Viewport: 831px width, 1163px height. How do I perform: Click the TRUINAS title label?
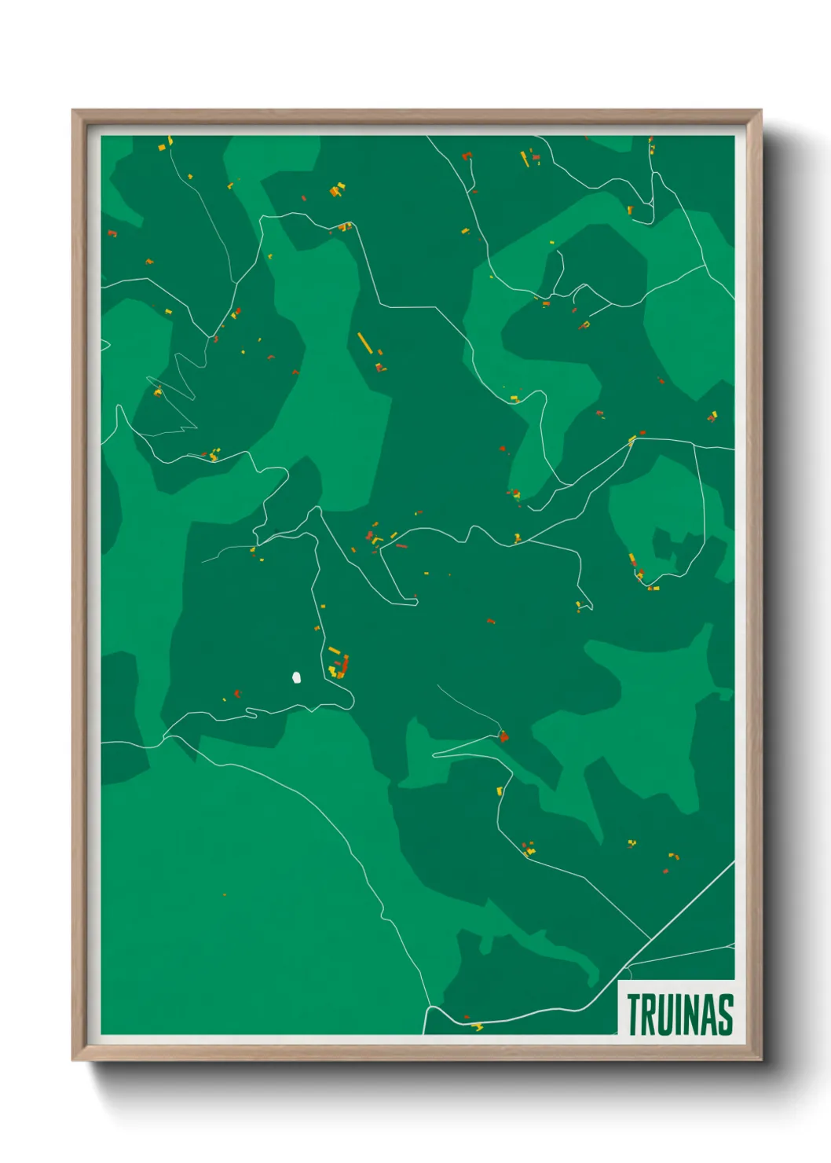(680, 1014)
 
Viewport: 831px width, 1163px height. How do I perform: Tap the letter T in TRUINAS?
(632, 1014)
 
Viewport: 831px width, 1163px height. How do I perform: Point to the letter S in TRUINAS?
(726, 1014)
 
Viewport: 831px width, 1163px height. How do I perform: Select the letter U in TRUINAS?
(665, 1014)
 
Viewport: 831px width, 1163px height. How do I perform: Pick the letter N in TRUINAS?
(690, 1014)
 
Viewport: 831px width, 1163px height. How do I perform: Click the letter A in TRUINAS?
(708, 1014)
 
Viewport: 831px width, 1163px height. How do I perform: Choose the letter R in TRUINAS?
(648, 1014)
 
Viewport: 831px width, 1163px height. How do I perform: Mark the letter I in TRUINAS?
(678, 1014)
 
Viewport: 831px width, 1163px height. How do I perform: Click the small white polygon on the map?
(296, 677)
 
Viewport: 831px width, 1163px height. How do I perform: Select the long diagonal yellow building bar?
(364, 343)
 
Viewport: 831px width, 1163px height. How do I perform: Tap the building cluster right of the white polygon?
(339, 665)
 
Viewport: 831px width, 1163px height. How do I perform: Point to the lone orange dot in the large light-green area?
(225, 894)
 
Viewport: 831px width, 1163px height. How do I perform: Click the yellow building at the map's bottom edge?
(477, 1026)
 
